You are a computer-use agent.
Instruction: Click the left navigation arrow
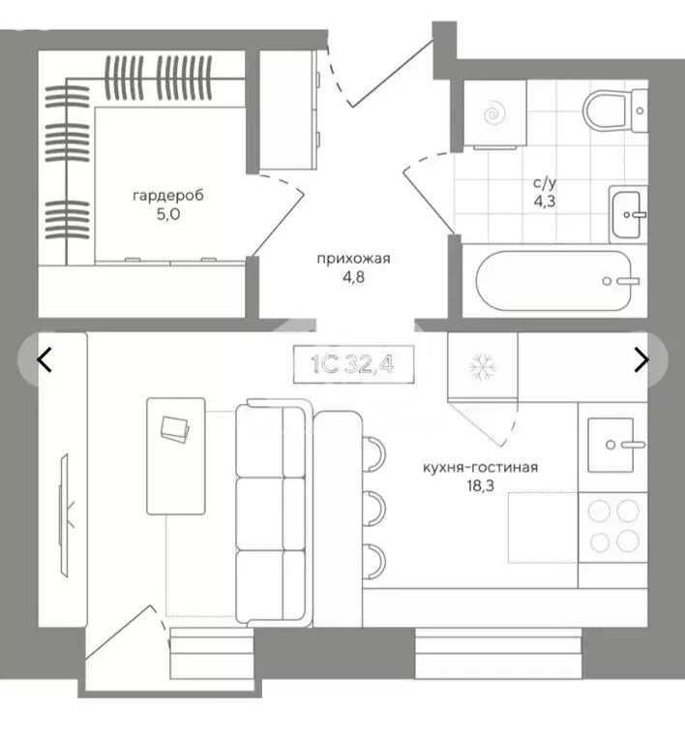click(45, 359)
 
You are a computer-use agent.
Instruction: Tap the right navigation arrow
click(641, 359)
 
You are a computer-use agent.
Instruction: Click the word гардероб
click(168, 196)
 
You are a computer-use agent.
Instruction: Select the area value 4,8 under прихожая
click(353, 277)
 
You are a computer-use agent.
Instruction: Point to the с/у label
click(545, 183)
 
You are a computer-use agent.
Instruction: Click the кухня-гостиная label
click(480, 468)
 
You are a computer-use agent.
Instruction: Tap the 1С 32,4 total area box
click(353, 364)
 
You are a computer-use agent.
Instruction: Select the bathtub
click(553, 280)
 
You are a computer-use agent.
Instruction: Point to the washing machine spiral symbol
click(494, 114)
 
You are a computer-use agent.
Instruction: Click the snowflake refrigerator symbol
click(483, 367)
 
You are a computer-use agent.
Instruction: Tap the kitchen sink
click(611, 445)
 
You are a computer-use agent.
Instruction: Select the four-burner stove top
click(613, 527)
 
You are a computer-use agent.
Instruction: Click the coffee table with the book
click(176, 456)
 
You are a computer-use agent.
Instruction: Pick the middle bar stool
click(374, 510)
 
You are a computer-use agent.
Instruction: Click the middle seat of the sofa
click(271, 513)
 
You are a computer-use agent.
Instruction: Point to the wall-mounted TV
click(64, 515)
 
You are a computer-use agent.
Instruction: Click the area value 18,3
click(480, 486)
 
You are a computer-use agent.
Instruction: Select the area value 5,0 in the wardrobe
click(168, 214)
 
